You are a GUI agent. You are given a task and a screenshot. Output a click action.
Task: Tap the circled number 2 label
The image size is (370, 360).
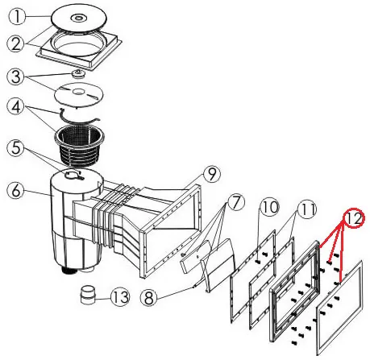(16, 43)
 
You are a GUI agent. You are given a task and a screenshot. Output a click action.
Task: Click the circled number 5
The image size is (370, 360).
(16, 148)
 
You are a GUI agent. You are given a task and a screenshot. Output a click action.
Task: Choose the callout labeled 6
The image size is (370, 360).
(16, 191)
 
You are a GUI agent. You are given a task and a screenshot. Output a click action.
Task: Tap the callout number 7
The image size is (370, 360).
(235, 203)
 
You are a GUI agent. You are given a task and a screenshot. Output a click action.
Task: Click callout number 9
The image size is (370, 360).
(212, 174)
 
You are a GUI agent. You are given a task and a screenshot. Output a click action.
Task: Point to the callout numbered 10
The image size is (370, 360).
(269, 207)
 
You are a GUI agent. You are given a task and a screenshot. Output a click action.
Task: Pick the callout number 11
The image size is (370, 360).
(307, 209)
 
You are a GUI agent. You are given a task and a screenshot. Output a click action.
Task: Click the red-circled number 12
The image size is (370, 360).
(354, 218)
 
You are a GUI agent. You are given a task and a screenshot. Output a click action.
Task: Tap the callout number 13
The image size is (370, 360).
(120, 297)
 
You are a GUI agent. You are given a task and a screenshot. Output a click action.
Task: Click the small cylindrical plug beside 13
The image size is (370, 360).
(89, 295)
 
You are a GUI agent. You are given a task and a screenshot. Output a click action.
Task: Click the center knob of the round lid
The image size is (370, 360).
(78, 18)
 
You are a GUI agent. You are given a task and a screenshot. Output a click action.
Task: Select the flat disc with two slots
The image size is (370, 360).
(79, 94)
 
